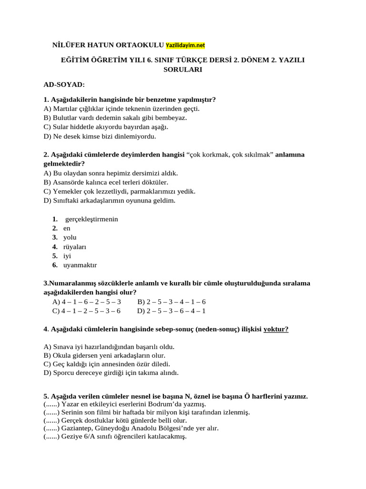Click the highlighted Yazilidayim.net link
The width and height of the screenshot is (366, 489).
coord(185,45)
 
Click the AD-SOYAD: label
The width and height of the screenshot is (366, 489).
coord(64,85)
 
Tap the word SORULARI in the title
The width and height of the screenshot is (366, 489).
coord(183,69)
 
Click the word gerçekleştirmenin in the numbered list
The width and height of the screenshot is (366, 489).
coord(91,219)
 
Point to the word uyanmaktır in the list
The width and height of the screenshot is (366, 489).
coord(80,265)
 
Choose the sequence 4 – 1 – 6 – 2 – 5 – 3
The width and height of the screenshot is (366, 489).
coord(87,302)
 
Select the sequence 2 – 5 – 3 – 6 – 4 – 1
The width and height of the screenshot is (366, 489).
coord(171,311)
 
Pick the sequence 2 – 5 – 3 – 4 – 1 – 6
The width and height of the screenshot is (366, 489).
coord(171,302)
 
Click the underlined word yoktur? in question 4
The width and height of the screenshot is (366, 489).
coord(276,329)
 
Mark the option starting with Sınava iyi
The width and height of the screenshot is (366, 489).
coord(109,347)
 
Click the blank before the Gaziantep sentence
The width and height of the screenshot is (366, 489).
coord(51,428)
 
